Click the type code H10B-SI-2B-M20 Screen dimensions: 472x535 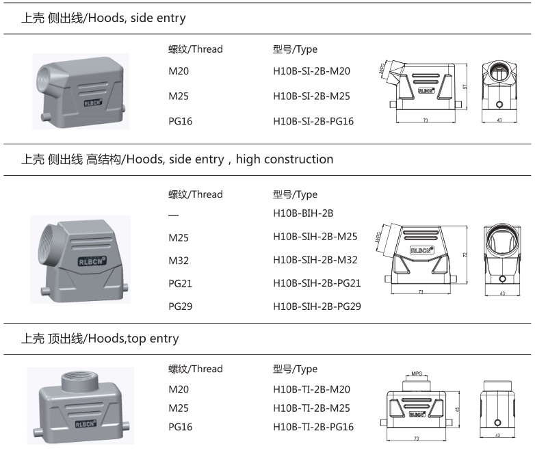pos(311,71)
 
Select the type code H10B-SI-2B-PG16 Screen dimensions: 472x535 pos(313,122)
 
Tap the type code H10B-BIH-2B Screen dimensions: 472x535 pos(302,213)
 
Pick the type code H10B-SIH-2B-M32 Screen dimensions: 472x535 pos(315,260)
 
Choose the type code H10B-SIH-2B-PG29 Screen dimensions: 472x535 pos(317,306)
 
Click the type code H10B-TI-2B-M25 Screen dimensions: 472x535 pos(311,408)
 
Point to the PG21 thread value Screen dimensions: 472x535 pos(181,283)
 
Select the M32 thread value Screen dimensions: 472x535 pos(179,260)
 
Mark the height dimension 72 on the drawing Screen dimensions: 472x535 pos(465,254)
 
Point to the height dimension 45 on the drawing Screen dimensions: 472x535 pos(457,409)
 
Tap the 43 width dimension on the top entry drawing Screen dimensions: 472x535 pos(497,436)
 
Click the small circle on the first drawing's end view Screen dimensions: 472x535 pos(499,105)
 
